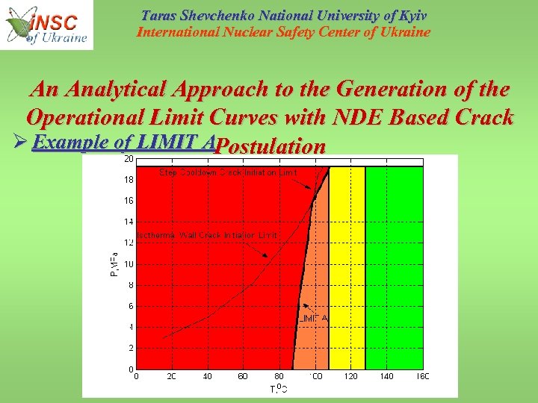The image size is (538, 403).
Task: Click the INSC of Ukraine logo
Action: (x=47, y=25)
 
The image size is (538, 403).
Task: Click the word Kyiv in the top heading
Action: (x=409, y=15)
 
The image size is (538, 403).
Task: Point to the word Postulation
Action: (x=270, y=147)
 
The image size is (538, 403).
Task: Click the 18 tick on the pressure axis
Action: (x=129, y=180)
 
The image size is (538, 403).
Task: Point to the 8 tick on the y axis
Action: (x=131, y=285)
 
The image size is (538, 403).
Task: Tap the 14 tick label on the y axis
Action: (x=129, y=222)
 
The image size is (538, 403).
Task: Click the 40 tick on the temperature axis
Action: (x=207, y=377)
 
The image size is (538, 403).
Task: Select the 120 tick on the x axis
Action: (x=350, y=377)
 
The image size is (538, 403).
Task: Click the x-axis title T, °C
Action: (x=279, y=389)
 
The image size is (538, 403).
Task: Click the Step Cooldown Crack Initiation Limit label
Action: (x=228, y=172)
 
